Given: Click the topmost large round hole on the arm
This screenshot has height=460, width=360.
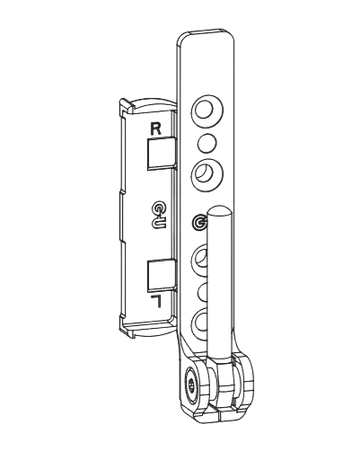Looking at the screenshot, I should (205, 107).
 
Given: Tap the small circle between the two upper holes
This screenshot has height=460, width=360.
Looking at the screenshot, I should (205, 141).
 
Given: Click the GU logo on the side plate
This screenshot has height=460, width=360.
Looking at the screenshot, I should (157, 211).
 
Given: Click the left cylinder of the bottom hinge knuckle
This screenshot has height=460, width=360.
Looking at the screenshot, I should (199, 390).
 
